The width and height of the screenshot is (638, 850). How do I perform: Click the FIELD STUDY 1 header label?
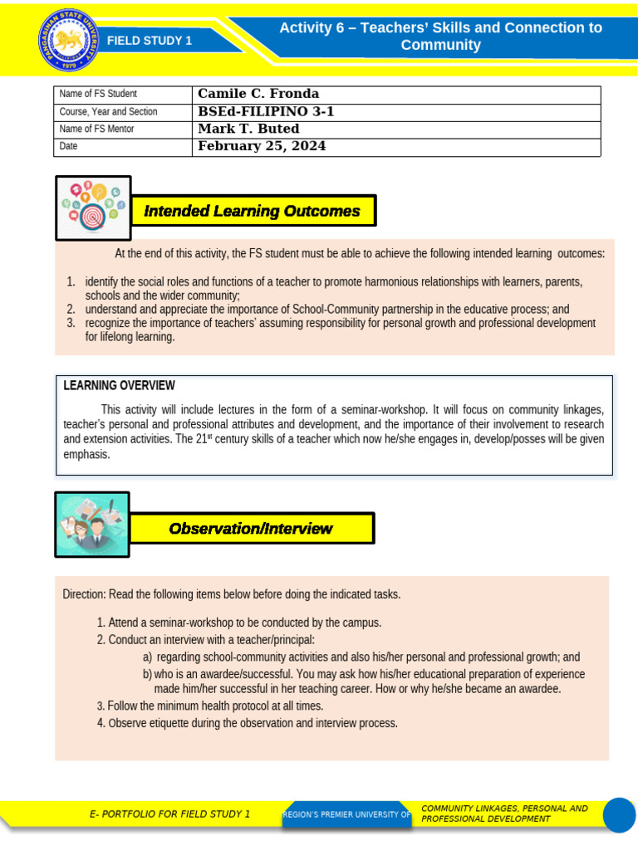click(x=150, y=41)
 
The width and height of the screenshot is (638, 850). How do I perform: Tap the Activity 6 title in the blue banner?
click(x=440, y=37)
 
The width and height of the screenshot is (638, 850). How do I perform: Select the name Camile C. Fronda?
click(x=258, y=94)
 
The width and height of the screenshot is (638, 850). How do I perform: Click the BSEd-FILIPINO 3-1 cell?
click(x=266, y=111)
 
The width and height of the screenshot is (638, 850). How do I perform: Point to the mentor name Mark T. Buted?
click(x=248, y=129)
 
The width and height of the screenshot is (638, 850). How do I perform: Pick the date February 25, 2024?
click(x=262, y=146)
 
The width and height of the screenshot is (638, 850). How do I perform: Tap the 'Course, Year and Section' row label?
click(x=108, y=111)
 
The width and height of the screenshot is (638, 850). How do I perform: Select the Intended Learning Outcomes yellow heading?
click(x=253, y=211)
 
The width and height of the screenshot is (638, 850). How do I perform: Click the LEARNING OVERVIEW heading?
click(x=120, y=385)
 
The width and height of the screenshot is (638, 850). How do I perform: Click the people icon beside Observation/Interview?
click(x=92, y=525)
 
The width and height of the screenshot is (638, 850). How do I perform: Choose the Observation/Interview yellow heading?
click(x=251, y=529)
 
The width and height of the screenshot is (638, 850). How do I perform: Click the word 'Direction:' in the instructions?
click(x=84, y=594)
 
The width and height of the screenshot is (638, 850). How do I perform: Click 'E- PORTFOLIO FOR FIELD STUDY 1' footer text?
click(x=169, y=814)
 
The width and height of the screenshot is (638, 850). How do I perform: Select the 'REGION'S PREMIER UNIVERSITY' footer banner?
click(x=346, y=815)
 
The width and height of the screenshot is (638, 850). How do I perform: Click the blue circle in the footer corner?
click(x=619, y=814)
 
